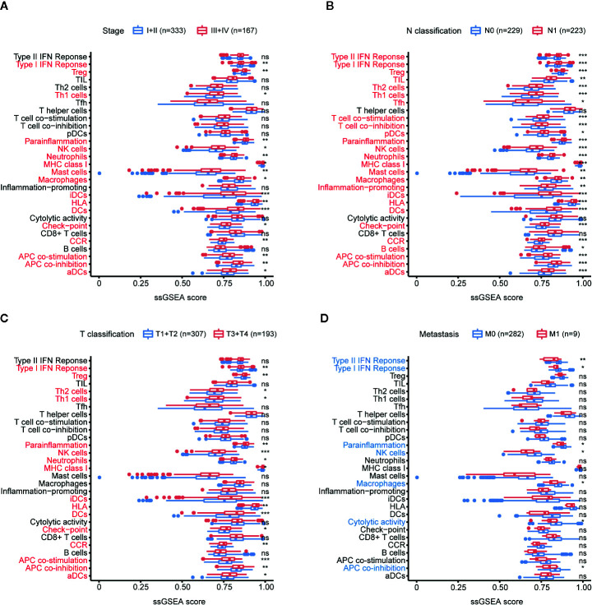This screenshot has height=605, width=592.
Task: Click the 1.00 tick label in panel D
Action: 582,589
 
